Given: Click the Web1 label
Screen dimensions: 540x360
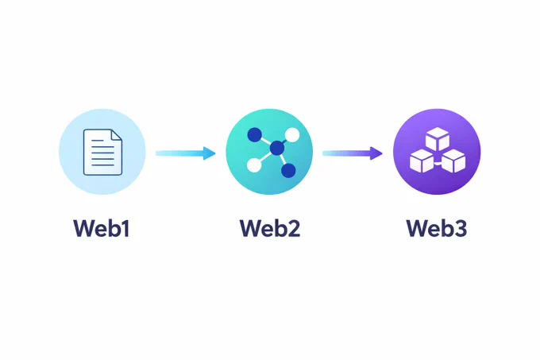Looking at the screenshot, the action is coord(102,228).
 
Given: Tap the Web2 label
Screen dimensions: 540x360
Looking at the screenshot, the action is coord(270,228).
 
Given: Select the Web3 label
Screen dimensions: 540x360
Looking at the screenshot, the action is coord(437,228).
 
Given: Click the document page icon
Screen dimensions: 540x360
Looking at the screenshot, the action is coord(102,152).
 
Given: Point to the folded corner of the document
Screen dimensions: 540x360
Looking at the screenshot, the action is coord(117,134).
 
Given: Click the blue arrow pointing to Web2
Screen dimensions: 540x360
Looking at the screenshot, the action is coord(185,153).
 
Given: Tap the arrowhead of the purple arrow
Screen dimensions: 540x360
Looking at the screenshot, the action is coord(376,153).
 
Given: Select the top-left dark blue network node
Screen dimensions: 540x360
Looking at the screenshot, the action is coord(254,134).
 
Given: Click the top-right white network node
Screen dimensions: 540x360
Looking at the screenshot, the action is coord(292,134).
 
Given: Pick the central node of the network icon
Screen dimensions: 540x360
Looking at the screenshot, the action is coord(277,149).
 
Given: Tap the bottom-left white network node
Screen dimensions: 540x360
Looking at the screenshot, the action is coord(254,165).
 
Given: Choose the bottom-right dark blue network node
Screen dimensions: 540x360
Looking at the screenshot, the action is coord(288,170).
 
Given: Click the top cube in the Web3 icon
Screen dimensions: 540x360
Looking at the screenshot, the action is coord(438,139).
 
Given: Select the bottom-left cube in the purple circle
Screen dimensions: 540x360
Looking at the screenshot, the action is coord(422,161).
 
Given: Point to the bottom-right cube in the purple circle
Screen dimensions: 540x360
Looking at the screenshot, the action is coord(453,161).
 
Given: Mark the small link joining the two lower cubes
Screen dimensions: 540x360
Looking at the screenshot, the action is coord(438,165).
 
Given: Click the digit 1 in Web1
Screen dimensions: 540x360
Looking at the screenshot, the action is coord(125,228).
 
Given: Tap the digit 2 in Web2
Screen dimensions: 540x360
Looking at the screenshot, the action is coord(294,228).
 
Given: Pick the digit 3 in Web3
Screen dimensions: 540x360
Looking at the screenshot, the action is coord(461,228).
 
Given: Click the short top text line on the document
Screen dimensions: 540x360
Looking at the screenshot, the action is coord(98,141).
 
